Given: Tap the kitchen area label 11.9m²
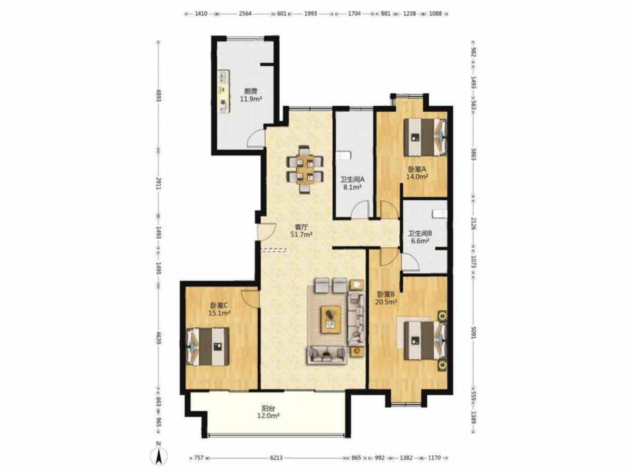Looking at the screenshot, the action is [x=251, y=99].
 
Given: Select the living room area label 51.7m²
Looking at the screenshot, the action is [x=301, y=234].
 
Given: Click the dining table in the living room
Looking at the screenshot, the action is [x=305, y=169].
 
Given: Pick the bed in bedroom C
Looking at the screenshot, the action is [x=208, y=346].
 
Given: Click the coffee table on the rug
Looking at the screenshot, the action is [x=331, y=320].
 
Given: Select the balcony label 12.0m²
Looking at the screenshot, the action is [x=269, y=416].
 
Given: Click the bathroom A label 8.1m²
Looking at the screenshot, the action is [x=352, y=187].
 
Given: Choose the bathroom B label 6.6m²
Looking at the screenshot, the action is [x=420, y=241].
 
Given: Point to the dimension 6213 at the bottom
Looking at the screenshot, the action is [x=276, y=458].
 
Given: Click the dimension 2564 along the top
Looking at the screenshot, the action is [x=245, y=14].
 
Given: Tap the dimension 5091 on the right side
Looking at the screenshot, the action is [x=474, y=332].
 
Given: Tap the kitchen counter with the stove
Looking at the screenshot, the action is [x=223, y=92].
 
